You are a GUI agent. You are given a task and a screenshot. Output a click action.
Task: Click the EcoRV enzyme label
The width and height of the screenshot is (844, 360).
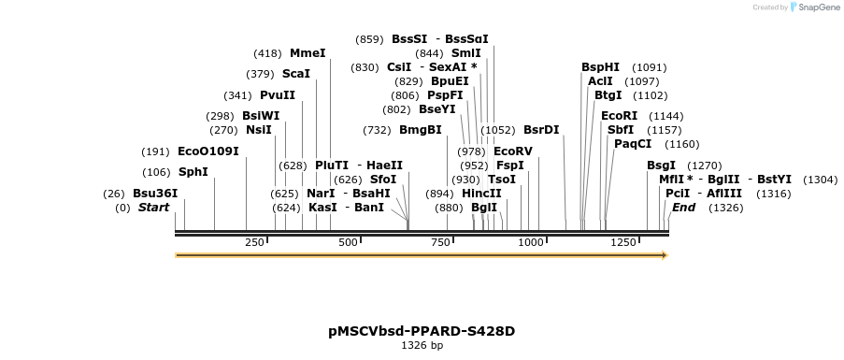[512, 151]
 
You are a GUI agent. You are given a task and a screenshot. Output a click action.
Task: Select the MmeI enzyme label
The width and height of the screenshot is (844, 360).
[308, 53]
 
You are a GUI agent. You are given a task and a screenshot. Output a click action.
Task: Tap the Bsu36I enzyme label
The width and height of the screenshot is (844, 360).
[155, 194]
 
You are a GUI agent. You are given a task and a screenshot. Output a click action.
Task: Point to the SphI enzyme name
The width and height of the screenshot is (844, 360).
[193, 172]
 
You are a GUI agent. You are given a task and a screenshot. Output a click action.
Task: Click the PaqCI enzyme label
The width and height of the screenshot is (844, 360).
[633, 144]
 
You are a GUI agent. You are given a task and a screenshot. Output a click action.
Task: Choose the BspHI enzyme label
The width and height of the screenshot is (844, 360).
[600, 67]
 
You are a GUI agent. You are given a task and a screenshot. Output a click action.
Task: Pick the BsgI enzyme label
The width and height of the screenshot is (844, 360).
[661, 166]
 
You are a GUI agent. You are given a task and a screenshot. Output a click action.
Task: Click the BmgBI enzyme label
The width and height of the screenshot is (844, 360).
[421, 130]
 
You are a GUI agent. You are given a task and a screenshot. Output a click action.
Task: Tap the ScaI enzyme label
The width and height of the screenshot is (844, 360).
[295, 75]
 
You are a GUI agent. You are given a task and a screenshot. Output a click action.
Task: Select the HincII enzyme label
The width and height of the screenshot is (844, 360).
[481, 194]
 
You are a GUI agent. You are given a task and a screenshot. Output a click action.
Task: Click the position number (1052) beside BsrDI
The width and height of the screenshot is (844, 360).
[498, 130]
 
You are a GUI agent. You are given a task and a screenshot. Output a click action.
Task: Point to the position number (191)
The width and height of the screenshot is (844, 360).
[155, 151]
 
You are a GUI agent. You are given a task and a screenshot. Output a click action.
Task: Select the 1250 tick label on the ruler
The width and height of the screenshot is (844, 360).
[622, 242]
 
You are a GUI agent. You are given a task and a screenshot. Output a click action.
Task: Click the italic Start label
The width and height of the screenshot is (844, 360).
[153, 208]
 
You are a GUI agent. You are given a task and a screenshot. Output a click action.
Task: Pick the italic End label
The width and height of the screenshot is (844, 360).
[683, 208]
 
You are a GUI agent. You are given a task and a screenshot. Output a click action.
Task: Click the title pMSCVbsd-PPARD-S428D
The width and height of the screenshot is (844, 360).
[422, 331]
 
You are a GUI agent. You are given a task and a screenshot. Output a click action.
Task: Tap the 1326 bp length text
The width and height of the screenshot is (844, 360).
[422, 346]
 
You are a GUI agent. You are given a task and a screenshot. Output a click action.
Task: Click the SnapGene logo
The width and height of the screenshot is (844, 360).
[814, 7]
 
